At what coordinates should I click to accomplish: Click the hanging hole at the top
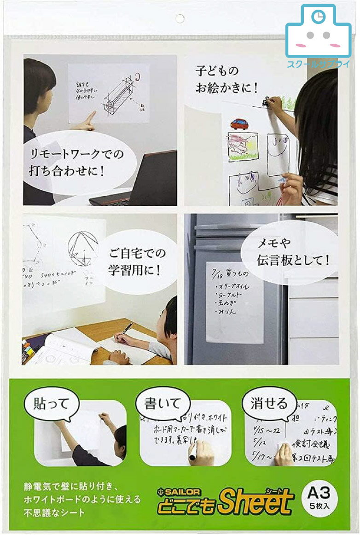pos(180,18)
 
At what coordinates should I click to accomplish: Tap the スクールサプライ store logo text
pos(318,64)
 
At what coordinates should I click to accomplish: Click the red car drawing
pos(239,123)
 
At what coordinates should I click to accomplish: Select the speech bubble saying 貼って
pos(51,404)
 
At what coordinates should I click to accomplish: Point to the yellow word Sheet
pos(255,502)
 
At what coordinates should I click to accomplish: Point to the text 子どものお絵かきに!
pos(225,79)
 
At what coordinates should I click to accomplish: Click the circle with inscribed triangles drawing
pos(83,249)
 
